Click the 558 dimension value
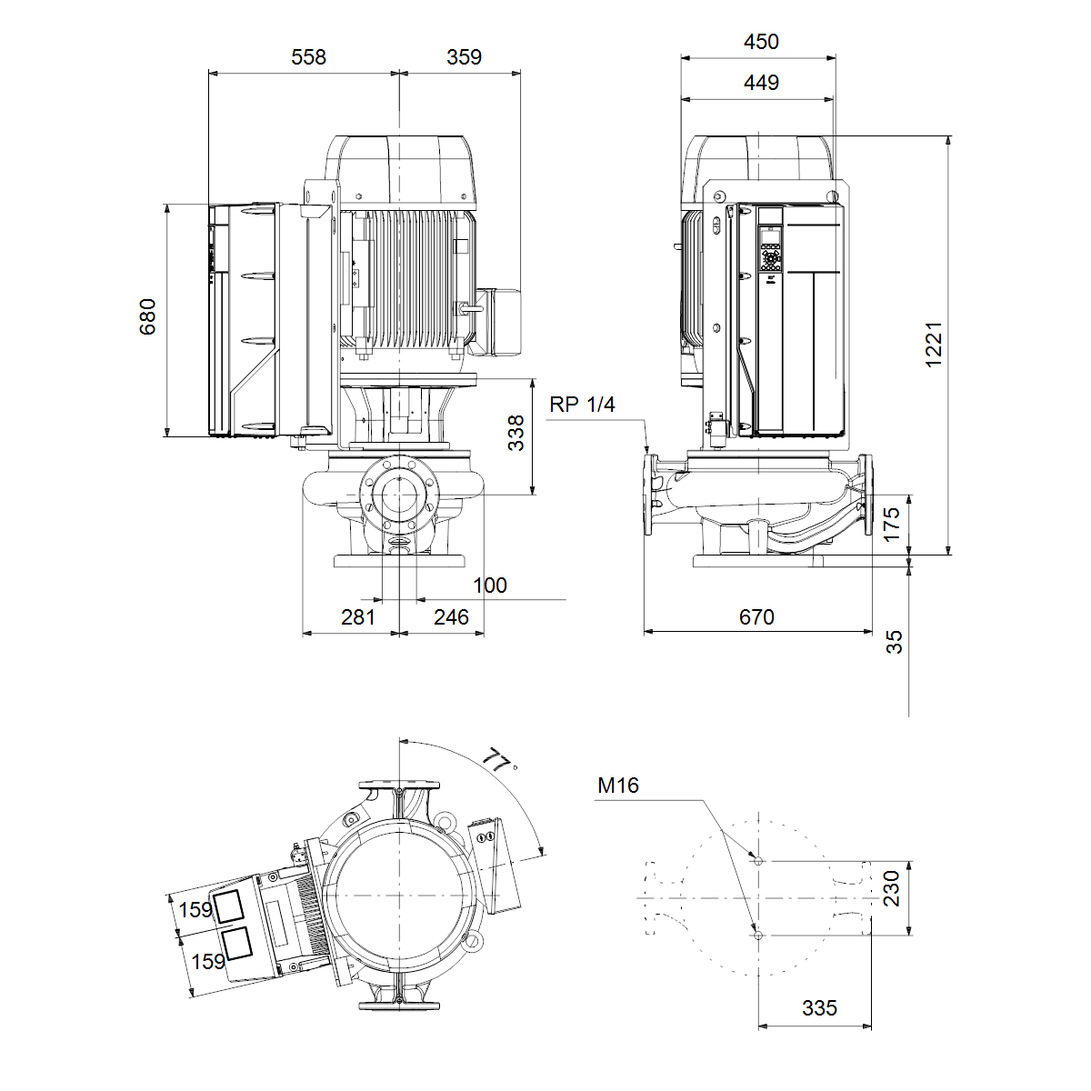tap(308, 57)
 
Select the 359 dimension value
tap(464, 57)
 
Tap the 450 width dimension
tap(761, 42)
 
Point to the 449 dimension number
tap(761, 83)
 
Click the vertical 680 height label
tap(148, 316)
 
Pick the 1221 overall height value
tap(933, 345)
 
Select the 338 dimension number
tap(515, 433)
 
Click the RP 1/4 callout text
tap(582, 405)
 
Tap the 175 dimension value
tap(891, 525)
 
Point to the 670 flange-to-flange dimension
tap(756, 616)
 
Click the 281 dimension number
tap(358, 616)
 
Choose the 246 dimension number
tap(451, 616)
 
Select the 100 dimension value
tap(490, 585)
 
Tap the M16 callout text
tap(618, 786)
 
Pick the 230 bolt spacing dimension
tap(891, 888)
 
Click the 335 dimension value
tap(819, 1007)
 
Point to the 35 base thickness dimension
tap(894, 642)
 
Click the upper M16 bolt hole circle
tap(758, 861)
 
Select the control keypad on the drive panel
tap(770, 255)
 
